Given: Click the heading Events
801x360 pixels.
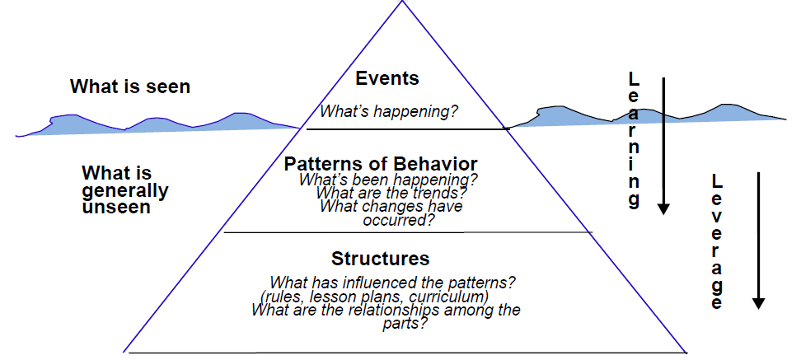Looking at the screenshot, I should tap(387, 79).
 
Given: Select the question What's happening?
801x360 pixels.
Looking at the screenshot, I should tap(389, 112).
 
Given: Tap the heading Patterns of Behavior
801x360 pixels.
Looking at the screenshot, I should tap(380, 164).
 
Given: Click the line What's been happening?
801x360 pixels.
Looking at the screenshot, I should tap(388, 179).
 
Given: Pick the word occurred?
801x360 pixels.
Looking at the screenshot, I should tap(399, 220).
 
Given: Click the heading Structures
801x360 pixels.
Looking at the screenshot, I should tap(380, 259).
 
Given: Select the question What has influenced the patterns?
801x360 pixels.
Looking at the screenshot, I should tap(393, 283).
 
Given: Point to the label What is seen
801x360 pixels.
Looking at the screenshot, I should tap(130, 86).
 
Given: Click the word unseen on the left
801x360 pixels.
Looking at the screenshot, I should tap(116, 208).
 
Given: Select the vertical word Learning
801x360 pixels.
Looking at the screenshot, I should tap(633, 140).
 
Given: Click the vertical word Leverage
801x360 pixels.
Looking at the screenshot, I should tap(716, 243).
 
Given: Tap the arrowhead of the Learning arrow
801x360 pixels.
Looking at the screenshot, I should tap(663, 208).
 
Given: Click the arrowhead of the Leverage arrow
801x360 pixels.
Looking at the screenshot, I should tap(759, 302).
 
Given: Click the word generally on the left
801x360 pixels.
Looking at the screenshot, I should tap(125, 191).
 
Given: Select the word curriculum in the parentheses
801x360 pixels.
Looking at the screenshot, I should tap(454, 297).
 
